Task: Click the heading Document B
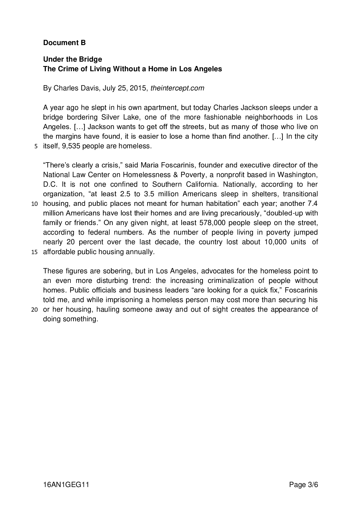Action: pyautogui.click(x=64, y=43)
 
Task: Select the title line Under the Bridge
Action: pyautogui.click(x=72, y=59)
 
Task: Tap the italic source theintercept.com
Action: pyautogui.click(x=177, y=88)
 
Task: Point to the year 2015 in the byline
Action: pyautogui.click(x=137, y=88)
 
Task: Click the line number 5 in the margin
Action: pyautogui.click(x=36, y=147)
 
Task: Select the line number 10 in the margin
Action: pyautogui.click(x=34, y=204)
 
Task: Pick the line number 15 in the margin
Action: pyautogui.click(x=34, y=252)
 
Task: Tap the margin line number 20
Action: pyautogui.click(x=34, y=310)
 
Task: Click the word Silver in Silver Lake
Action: pyautogui.click(x=109, y=117)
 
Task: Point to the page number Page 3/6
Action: pyautogui.click(x=303, y=485)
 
